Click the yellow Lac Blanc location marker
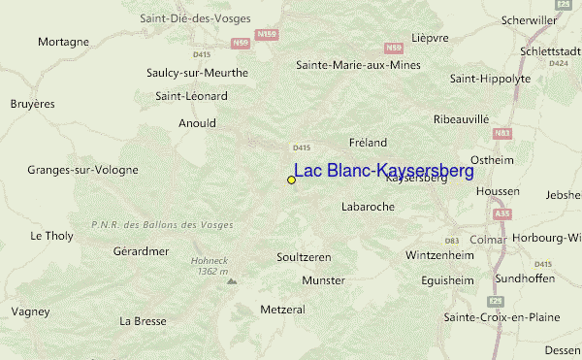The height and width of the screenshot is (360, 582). [x=291, y=180]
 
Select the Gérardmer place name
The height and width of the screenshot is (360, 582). [x=141, y=250]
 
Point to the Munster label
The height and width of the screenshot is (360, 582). [x=323, y=279]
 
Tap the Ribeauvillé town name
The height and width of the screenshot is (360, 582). [x=461, y=118]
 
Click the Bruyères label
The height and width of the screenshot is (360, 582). [x=32, y=103]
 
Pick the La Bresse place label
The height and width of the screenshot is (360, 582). [x=143, y=320]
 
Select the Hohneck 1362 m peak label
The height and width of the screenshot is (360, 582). [x=209, y=266]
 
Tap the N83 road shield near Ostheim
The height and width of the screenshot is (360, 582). [x=501, y=132]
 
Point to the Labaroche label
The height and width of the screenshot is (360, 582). [x=370, y=207]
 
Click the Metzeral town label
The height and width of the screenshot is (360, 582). [x=283, y=310]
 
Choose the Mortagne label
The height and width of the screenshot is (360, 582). [x=63, y=42]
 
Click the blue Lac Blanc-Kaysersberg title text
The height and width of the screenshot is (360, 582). [x=384, y=172]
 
